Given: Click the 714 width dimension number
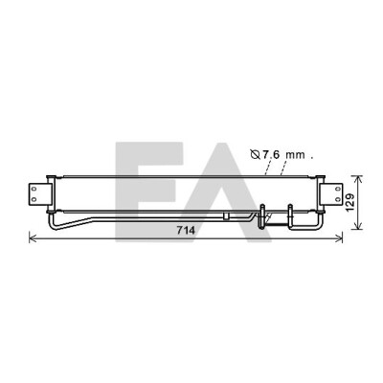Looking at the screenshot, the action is (186, 230).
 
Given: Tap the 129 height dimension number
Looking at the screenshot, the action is (349, 202).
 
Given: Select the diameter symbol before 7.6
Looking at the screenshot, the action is (256, 155).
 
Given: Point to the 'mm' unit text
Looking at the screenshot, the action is (295, 156).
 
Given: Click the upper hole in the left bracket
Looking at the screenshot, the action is (34, 189).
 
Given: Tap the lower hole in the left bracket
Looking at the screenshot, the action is (34, 200).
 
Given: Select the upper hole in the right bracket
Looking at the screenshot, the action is (337, 189).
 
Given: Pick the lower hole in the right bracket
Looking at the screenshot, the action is (337, 199).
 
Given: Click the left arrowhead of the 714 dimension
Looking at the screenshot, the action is (32, 237).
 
